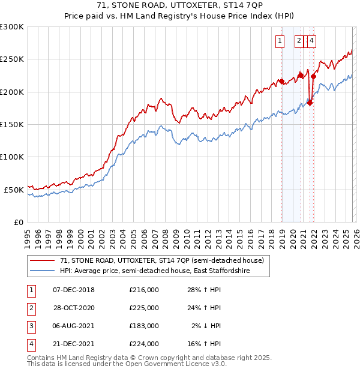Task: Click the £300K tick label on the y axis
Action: pos(12,27)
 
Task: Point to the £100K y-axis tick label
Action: pos(12,157)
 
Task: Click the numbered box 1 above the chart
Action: pos(280,41)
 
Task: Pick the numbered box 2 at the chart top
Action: pos(298,41)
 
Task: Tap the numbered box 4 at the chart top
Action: pos(312,41)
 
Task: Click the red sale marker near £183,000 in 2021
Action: pos(310,103)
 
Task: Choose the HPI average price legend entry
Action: pos(154,271)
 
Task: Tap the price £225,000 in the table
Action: pos(143,308)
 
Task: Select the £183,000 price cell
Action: pos(143,326)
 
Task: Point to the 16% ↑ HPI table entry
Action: pos(206,344)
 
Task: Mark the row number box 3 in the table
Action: pos(29,326)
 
